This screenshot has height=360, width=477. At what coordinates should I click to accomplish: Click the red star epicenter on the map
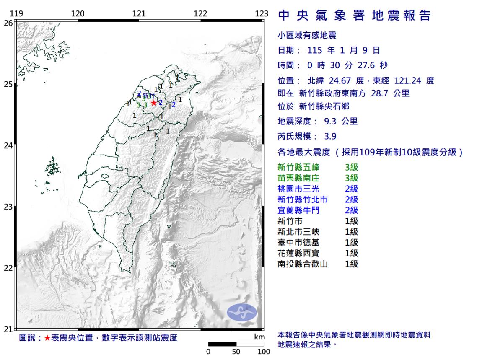tap(154, 103)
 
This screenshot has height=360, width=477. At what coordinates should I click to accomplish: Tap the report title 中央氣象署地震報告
tap(355, 16)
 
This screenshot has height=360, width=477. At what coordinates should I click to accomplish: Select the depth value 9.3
tap(330, 122)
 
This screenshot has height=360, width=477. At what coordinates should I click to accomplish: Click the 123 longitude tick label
tap(261, 14)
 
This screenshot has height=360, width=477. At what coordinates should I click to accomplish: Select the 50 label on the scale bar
tap(236, 351)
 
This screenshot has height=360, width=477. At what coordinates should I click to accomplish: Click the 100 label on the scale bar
tap(263, 351)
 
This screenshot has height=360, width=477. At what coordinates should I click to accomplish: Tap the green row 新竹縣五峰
tap(298, 168)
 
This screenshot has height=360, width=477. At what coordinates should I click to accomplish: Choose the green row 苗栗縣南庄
tap(298, 178)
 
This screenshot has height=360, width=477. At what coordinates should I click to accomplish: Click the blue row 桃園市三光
tap(298, 189)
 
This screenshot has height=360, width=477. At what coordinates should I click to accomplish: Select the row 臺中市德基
tap(298, 243)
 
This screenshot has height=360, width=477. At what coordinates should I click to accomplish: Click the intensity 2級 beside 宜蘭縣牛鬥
tap(351, 210)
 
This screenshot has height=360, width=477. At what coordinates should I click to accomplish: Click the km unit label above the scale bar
tap(260, 337)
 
